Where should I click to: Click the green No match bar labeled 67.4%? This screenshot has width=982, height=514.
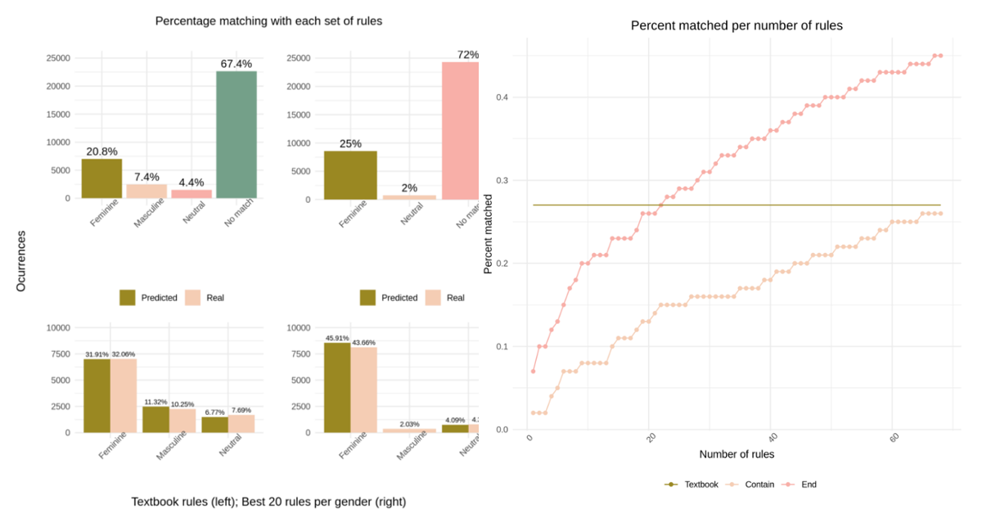pyautogui.click(x=236, y=134)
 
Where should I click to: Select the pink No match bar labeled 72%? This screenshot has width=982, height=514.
pyautogui.click(x=460, y=130)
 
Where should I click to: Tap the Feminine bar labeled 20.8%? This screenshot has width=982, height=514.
pyautogui.click(x=101, y=178)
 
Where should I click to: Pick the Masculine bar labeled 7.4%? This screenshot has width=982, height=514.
pyautogui.click(x=146, y=191)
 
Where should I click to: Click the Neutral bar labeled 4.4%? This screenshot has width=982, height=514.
pyautogui.click(x=191, y=194)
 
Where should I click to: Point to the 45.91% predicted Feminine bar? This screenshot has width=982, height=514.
pyautogui.click(x=336, y=387)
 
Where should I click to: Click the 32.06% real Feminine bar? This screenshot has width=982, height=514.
pyautogui.click(x=124, y=395)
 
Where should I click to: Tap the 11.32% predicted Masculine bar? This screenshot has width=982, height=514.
pyautogui.click(x=155, y=419)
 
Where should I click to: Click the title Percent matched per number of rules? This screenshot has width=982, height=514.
pyautogui.click(x=736, y=26)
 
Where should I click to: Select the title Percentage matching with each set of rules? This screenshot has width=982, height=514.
pyautogui.click(x=268, y=20)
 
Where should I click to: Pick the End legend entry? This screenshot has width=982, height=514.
pyautogui.click(x=800, y=485)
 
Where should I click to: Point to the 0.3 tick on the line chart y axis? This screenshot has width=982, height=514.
pyautogui.click(x=503, y=180)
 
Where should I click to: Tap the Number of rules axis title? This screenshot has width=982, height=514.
pyautogui.click(x=736, y=453)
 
